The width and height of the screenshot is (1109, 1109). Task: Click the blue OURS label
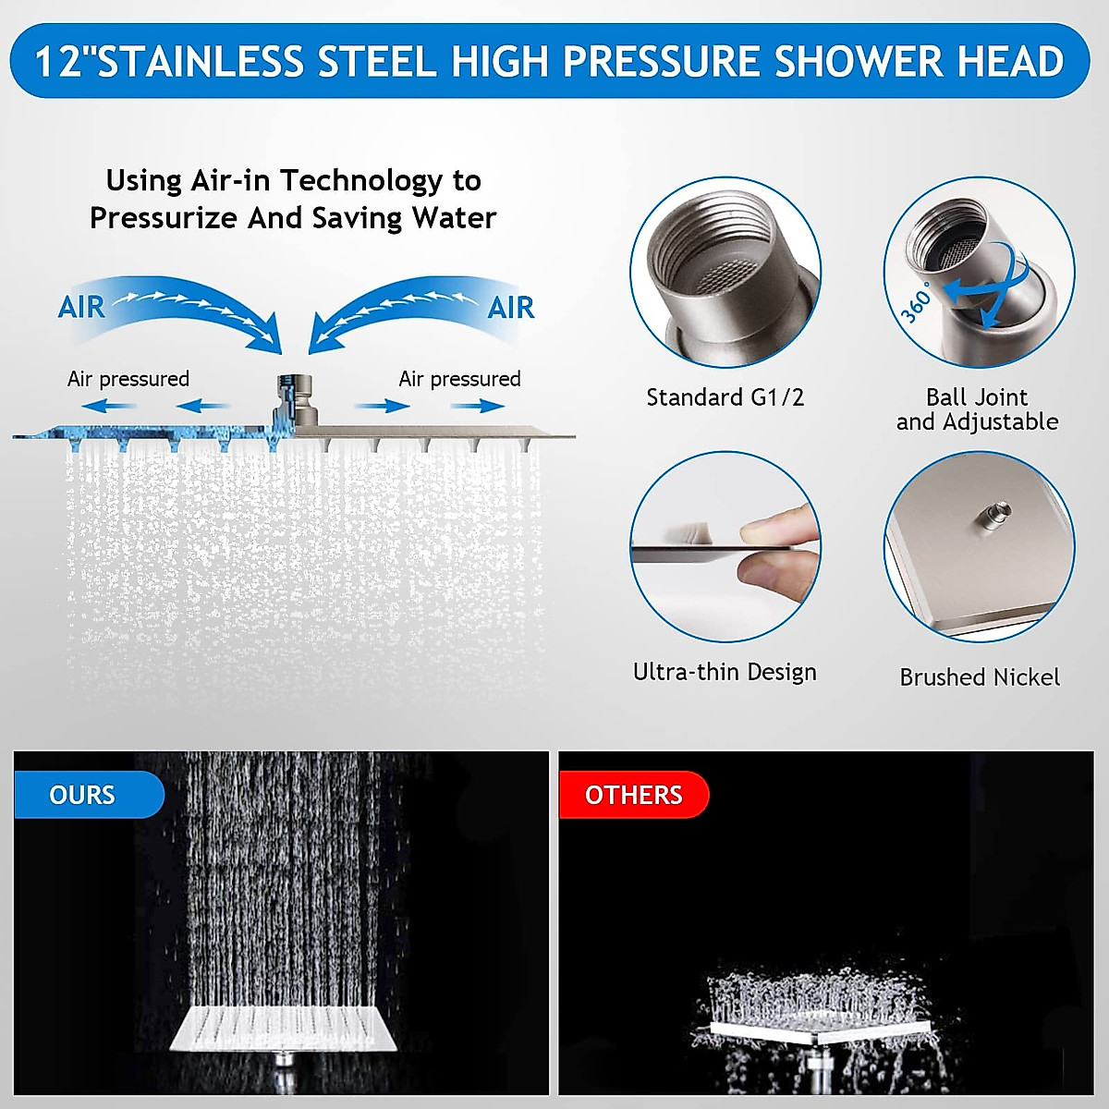[x=83, y=795]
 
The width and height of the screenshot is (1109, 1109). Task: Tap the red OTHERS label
[x=633, y=795]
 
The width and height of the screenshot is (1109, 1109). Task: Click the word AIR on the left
[x=81, y=307]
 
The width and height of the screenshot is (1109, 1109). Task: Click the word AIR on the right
[x=511, y=307]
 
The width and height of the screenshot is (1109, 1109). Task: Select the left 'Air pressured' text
[x=128, y=379]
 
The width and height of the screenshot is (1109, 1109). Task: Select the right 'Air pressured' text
[x=459, y=379]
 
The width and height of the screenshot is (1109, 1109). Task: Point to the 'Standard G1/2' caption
[x=725, y=397]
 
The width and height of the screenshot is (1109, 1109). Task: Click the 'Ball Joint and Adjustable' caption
[x=977, y=409]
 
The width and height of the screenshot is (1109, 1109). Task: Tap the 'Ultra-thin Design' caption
[x=725, y=672]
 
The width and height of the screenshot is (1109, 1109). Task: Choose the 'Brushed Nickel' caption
[x=980, y=677]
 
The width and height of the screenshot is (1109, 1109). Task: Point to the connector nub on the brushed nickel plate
[x=994, y=514]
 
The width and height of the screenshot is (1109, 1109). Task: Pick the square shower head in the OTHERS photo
[x=818, y=1030]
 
